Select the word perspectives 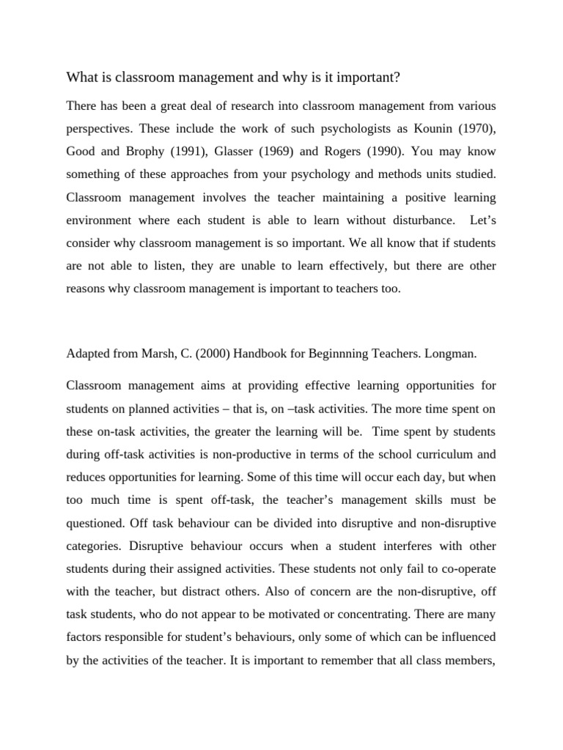point(98,130)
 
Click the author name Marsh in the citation point(172,354)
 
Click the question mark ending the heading point(416,77)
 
